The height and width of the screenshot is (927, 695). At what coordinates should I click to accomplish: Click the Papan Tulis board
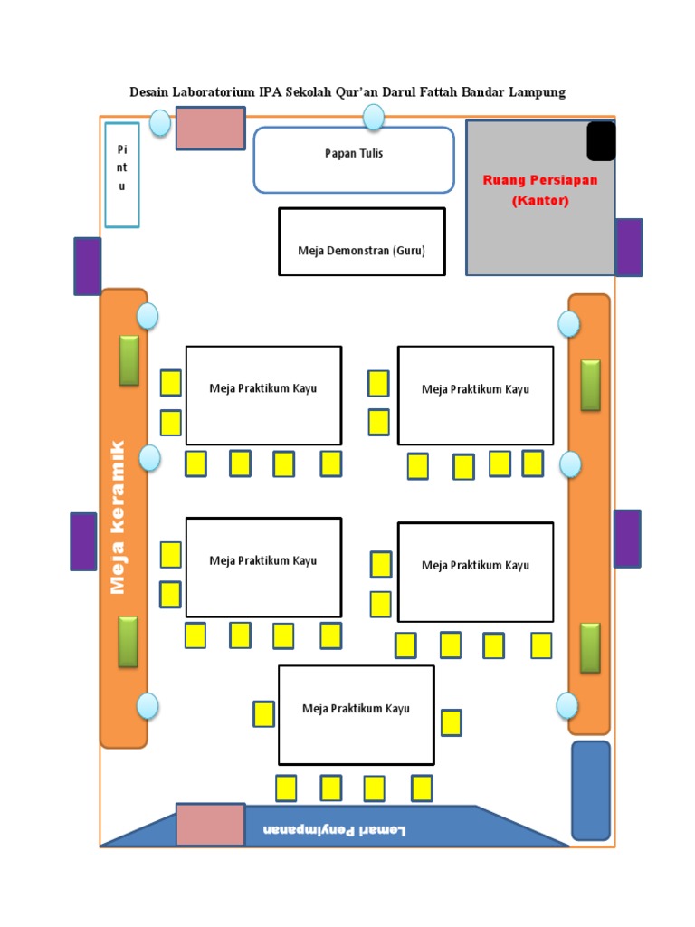pyautogui.click(x=353, y=160)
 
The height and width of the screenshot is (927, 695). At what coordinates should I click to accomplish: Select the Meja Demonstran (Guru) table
pyautogui.click(x=361, y=242)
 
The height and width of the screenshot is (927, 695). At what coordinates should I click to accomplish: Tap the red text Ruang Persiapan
pyautogui.click(x=539, y=179)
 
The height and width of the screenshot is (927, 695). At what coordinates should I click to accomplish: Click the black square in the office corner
pyautogui.click(x=601, y=141)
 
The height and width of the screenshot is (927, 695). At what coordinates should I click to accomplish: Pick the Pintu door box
pyautogui.click(x=122, y=174)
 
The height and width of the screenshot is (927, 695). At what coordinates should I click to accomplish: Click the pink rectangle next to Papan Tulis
pyautogui.click(x=210, y=128)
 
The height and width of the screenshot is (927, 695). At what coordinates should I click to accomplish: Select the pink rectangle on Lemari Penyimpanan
pyautogui.click(x=210, y=824)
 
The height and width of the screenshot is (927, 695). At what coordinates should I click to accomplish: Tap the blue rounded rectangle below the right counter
pyautogui.click(x=591, y=790)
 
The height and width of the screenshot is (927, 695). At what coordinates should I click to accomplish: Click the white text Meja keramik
pyautogui.click(x=117, y=518)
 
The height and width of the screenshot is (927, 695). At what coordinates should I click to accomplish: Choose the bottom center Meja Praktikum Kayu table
pyautogui.click(x=356, y=715)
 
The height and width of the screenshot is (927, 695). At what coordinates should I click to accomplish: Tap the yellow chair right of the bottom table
pyautogui.click(x=451, y=722)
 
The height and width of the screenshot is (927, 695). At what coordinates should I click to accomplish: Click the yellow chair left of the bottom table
pyautogui.click(x=263, y=714)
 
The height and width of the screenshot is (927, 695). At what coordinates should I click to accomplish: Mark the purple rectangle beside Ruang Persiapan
pyautogui.click(x=629, y=247)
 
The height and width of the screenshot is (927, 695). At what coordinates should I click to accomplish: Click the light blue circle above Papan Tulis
pyautogui.click(x=373, y=117)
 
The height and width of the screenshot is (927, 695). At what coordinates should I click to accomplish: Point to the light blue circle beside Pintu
pyautogui.click(x=159, y=123)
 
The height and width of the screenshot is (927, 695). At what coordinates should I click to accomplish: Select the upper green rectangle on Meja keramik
pyautogui.click(x=129, y=359)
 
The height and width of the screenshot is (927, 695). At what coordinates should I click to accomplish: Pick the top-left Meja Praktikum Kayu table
pyautogui.click(x=263, y=395)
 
